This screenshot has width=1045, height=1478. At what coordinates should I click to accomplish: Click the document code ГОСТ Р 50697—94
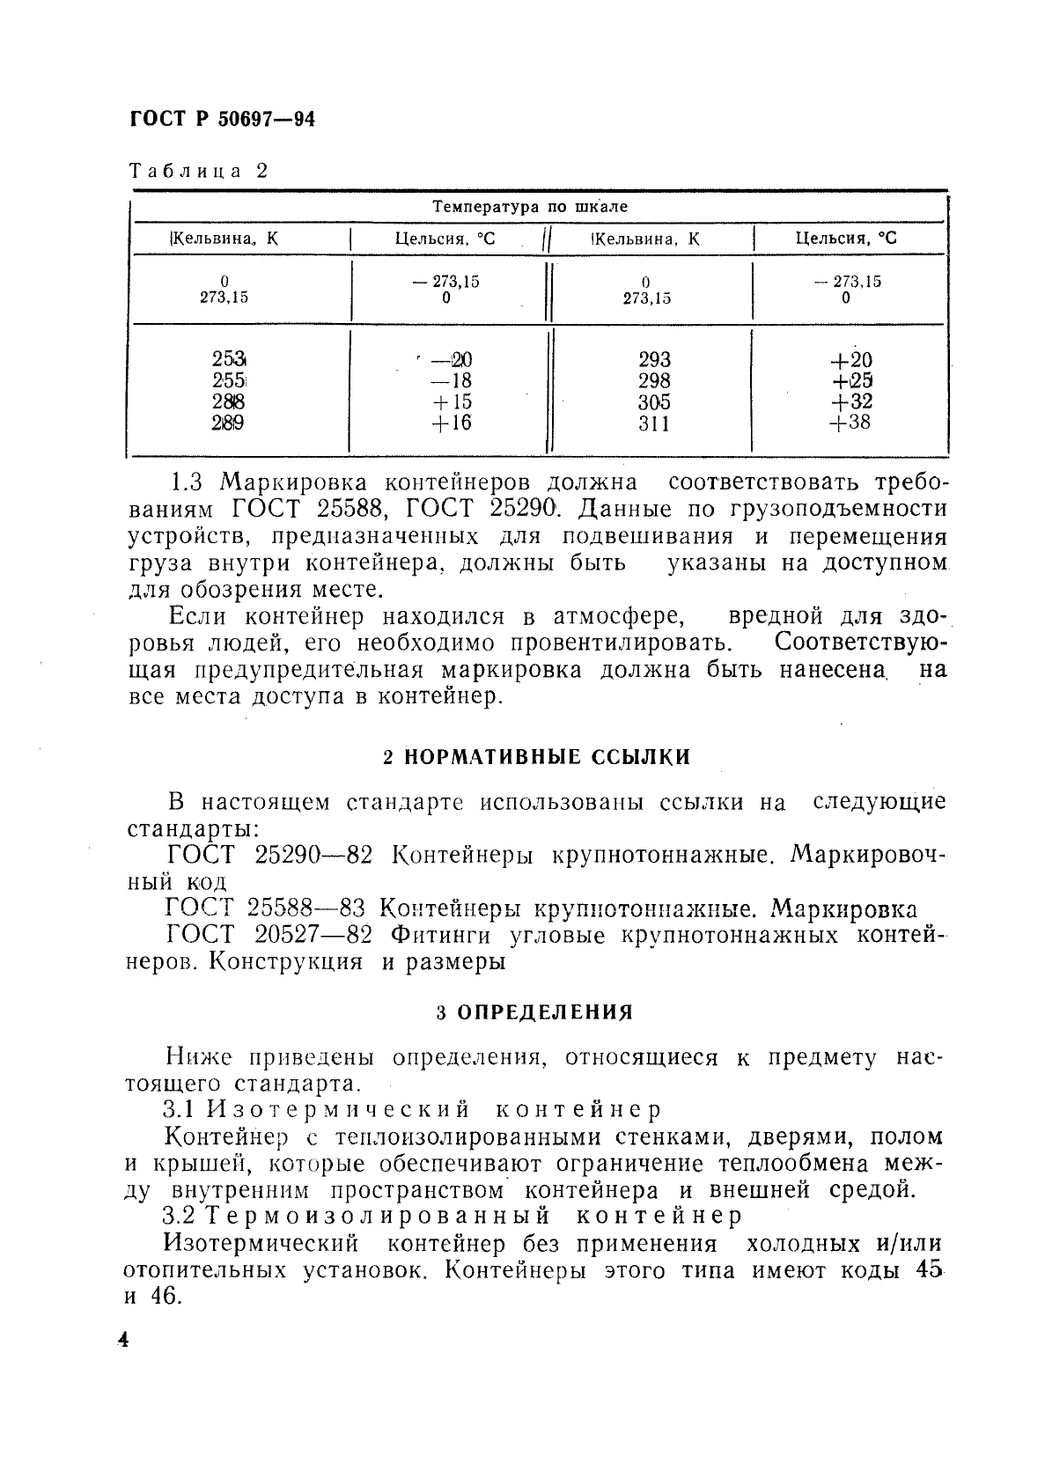tap(222, 120)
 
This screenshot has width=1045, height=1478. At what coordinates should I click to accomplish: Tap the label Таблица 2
tap(198, 171)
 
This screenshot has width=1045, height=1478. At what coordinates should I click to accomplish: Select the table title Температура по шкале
tap(530, 207)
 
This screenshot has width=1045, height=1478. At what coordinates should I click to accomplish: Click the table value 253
tap(229, 359)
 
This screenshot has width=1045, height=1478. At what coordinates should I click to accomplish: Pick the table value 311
tap(654, 423)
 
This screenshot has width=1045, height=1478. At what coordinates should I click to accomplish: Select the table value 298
tap(654, 380)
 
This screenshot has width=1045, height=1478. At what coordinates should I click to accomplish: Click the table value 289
tap(228, 423)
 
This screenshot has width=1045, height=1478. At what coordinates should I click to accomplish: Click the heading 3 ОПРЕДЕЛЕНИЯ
tap(534, 1012)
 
